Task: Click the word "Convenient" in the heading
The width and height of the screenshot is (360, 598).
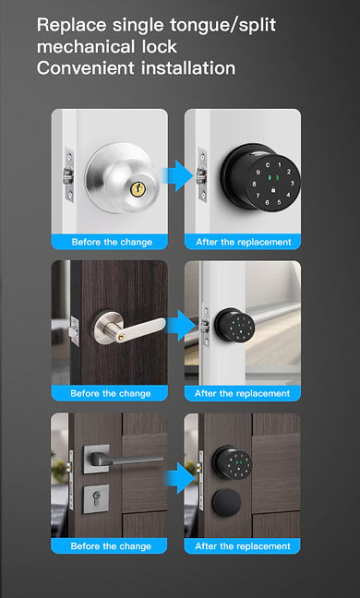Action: click(89, 69)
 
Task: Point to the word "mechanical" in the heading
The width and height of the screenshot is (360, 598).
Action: click(92, 47)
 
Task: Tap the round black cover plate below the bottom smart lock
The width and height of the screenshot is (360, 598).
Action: click(226, 506)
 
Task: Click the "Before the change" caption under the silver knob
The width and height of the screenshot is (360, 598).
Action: click(110, 242)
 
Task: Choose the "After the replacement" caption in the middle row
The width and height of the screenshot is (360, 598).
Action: click(243, 393)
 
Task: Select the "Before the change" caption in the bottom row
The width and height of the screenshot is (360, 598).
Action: click(110, 546)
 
